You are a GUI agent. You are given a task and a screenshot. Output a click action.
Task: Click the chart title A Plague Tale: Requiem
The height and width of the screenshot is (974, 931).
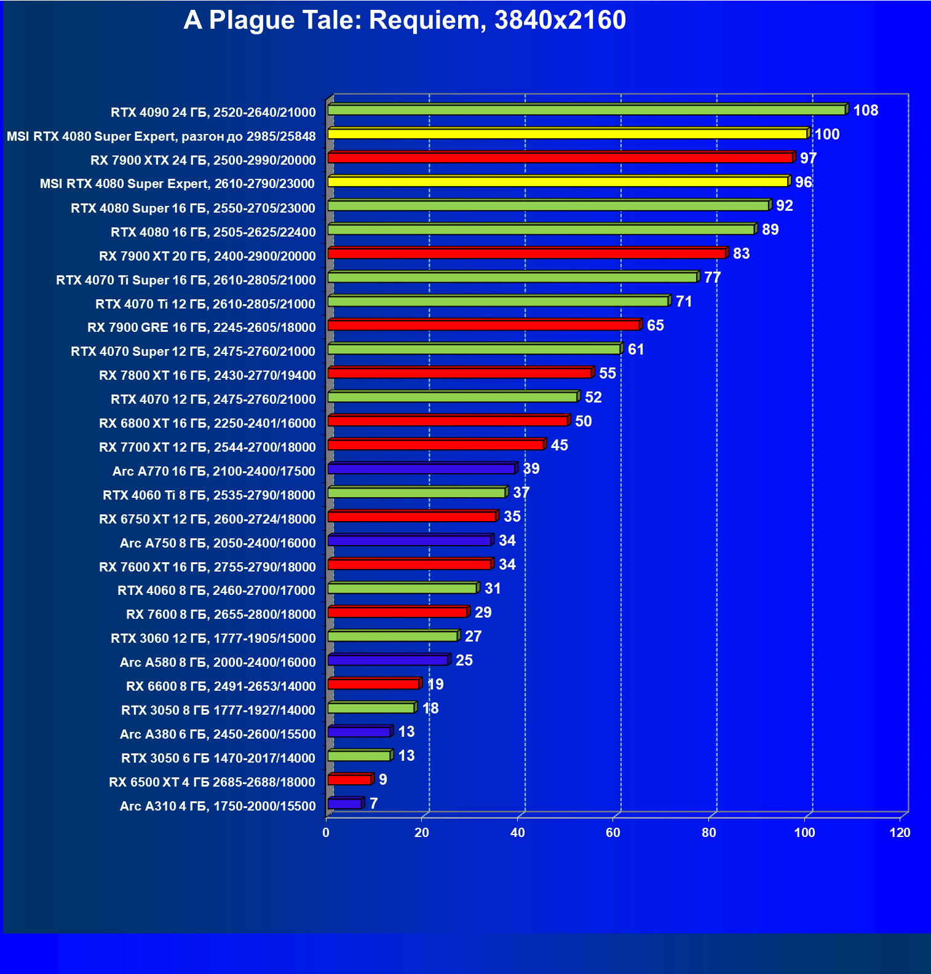tap(404, 20)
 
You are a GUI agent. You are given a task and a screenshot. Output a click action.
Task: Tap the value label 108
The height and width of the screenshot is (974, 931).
tap(865, 111)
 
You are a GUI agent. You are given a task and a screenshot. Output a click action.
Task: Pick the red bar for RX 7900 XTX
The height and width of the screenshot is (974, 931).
tap(560, 158)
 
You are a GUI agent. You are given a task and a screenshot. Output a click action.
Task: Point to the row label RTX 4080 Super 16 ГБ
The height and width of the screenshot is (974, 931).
tap(193, 208)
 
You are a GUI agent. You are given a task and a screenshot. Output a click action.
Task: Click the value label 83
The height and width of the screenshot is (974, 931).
tap(741, 254)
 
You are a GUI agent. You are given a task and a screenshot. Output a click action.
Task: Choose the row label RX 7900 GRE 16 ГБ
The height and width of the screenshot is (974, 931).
tap(202, 328)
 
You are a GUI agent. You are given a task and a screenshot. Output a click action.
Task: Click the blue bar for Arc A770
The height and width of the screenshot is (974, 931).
tap(421, 469)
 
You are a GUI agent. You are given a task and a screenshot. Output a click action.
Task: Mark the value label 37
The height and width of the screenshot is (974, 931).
tap(521, 493)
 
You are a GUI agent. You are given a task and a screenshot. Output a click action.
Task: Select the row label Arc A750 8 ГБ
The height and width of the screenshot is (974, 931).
tap(218, 543)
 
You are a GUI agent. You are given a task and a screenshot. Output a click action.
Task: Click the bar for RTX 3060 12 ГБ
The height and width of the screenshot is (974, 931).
tap(392, 636)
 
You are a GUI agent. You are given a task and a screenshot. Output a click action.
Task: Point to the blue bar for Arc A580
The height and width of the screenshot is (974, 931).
tap(387, 660)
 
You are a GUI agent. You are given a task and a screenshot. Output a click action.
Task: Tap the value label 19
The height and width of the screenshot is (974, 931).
tap(435, 685)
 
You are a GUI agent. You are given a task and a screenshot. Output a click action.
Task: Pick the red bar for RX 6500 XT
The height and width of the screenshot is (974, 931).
tap(349, 780)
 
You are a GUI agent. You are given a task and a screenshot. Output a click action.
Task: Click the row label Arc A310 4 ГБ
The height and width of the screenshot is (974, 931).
tap(218, 806)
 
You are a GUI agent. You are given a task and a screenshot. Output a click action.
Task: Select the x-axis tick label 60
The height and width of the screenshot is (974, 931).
tap(613, 833)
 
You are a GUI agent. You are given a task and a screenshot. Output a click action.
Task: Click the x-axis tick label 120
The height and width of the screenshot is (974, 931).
tap(900, 833)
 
